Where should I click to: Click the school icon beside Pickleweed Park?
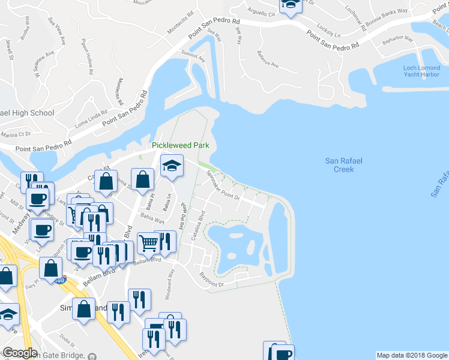(172, 166)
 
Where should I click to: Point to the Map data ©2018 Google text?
(412, 355)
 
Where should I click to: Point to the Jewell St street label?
(9, 50)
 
